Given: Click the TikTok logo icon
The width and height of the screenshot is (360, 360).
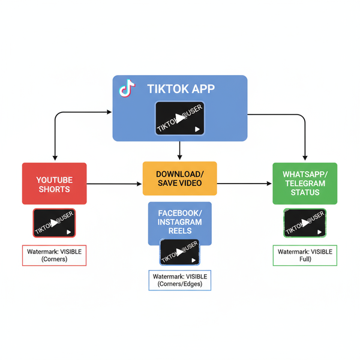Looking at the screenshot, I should (125, 89).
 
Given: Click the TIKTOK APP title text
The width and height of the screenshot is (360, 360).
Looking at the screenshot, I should (181, 89).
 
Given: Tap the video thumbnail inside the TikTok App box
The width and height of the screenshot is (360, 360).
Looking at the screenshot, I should (180, 118).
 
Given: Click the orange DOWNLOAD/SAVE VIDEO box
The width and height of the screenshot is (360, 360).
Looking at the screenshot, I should (179, 178).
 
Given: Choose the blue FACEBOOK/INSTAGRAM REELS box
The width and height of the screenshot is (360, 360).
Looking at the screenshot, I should (180, 222).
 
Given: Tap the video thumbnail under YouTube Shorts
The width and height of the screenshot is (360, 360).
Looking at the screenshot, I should (54, 223).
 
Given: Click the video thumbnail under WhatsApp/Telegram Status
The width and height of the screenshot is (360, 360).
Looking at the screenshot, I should (305, 223).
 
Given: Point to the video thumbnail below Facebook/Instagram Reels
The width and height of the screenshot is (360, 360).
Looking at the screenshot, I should (180, 252).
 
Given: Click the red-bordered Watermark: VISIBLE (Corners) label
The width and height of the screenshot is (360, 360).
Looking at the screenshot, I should (54, 255).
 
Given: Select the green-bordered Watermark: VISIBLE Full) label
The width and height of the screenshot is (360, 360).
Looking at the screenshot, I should (305, 255).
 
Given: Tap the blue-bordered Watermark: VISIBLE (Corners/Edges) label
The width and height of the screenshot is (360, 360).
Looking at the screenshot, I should (180, 280).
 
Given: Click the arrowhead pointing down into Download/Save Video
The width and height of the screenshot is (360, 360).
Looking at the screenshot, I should (180, 158).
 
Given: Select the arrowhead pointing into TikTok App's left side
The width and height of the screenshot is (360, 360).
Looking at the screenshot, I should (109, 112).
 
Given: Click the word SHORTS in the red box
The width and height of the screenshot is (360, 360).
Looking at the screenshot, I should (54, 189).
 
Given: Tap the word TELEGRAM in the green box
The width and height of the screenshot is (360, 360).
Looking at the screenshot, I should (305, 184).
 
